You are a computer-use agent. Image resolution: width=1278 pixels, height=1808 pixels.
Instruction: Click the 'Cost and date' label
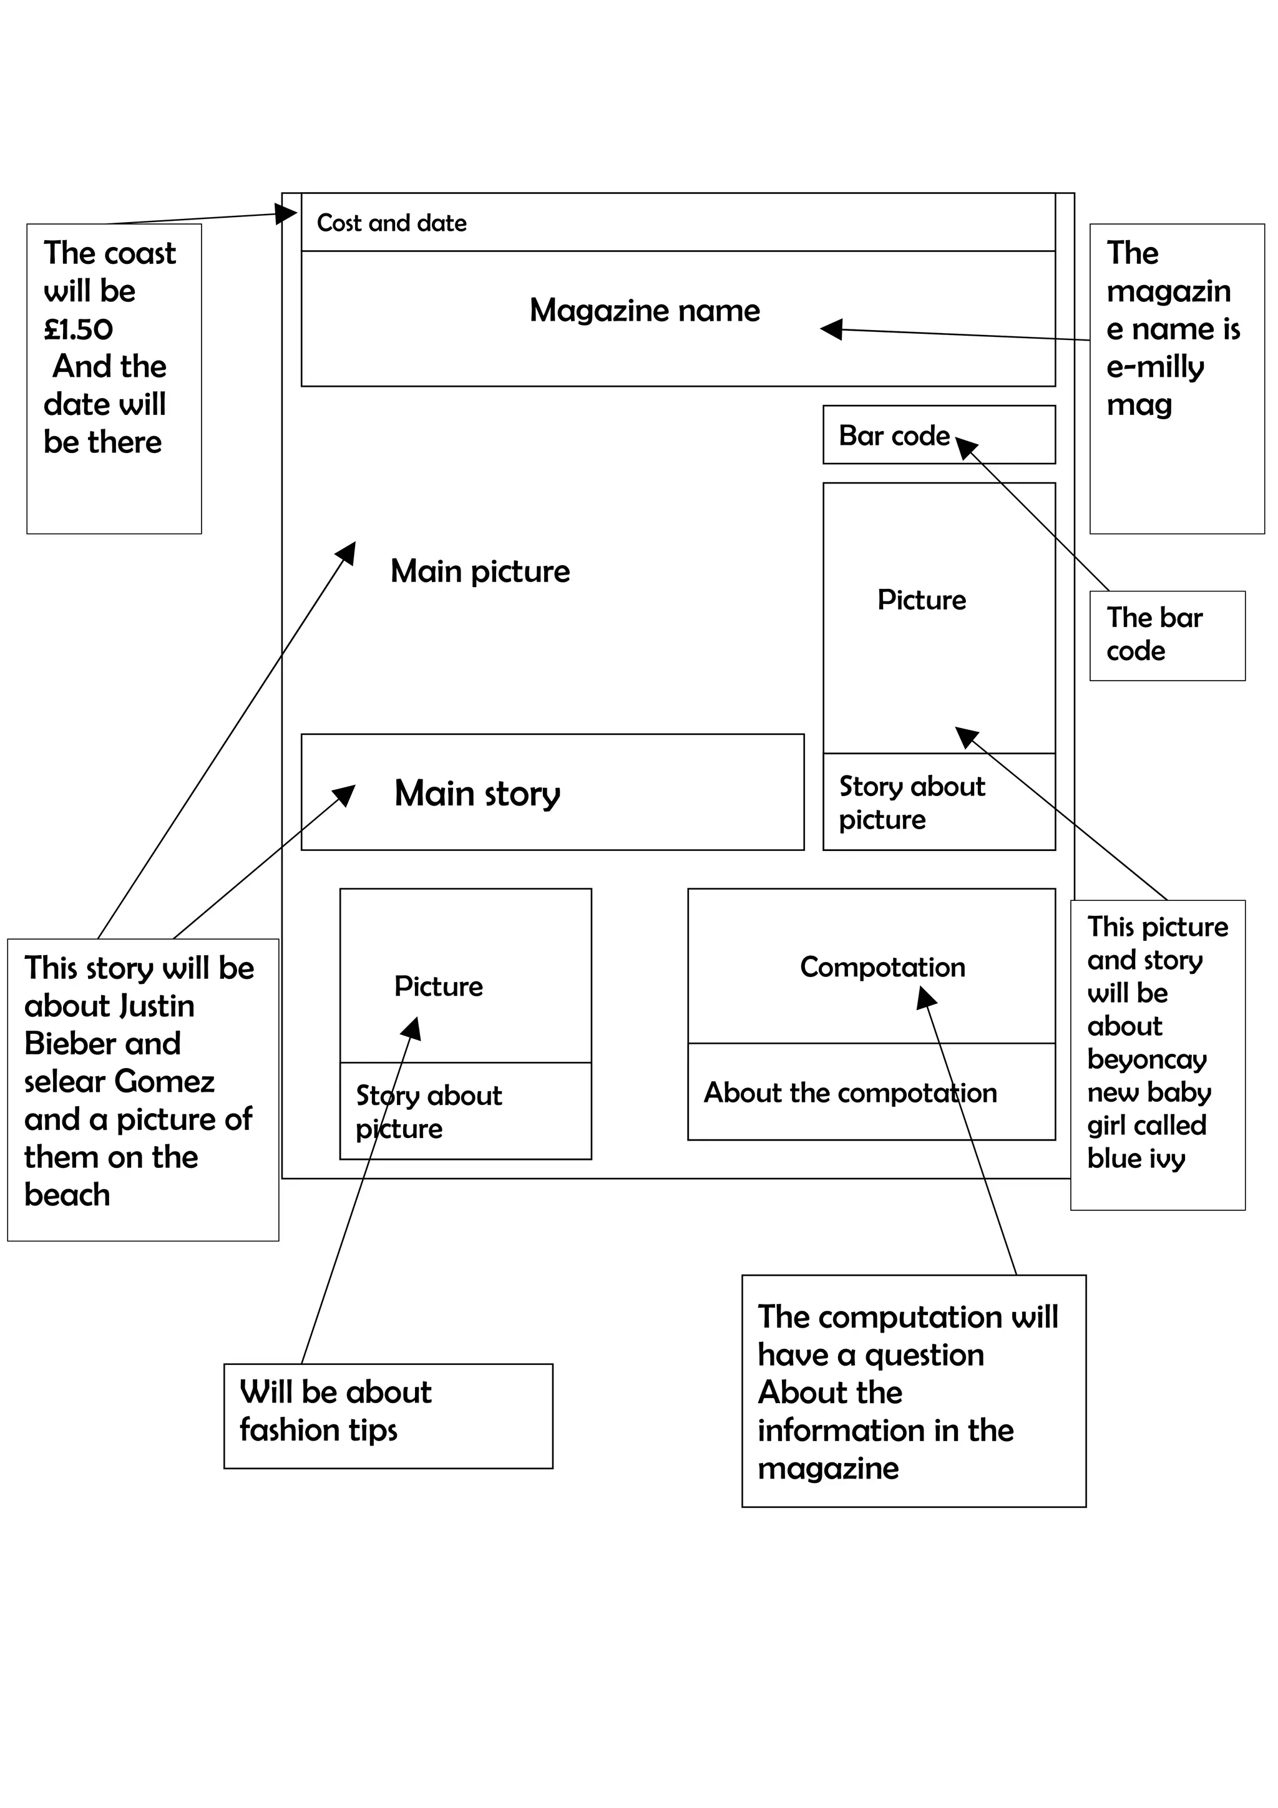[x=391, y=223]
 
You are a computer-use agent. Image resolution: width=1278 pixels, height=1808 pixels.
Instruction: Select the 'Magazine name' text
[x=644, y=310]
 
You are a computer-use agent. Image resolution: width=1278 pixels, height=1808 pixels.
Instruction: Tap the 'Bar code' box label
[x=894, y=435]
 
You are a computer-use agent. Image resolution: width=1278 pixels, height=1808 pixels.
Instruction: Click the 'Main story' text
[x=477, y=793]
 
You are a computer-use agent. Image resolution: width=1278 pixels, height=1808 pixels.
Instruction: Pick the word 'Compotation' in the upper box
[x=882, y=967]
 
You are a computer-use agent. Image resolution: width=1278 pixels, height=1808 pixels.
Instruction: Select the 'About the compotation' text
[x=850, y=1093]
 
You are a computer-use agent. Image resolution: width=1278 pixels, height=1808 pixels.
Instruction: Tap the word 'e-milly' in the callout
[x=1154, y=367]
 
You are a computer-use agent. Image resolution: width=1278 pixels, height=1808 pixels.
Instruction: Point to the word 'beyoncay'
[x=1146, y=1059]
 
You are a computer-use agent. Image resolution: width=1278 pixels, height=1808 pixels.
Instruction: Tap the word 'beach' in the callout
[x=67, y=1195]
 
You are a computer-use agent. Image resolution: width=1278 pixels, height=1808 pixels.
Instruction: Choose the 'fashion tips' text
[x=318, y=1429]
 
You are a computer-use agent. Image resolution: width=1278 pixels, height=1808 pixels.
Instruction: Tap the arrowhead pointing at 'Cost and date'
[x=286, y=213]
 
